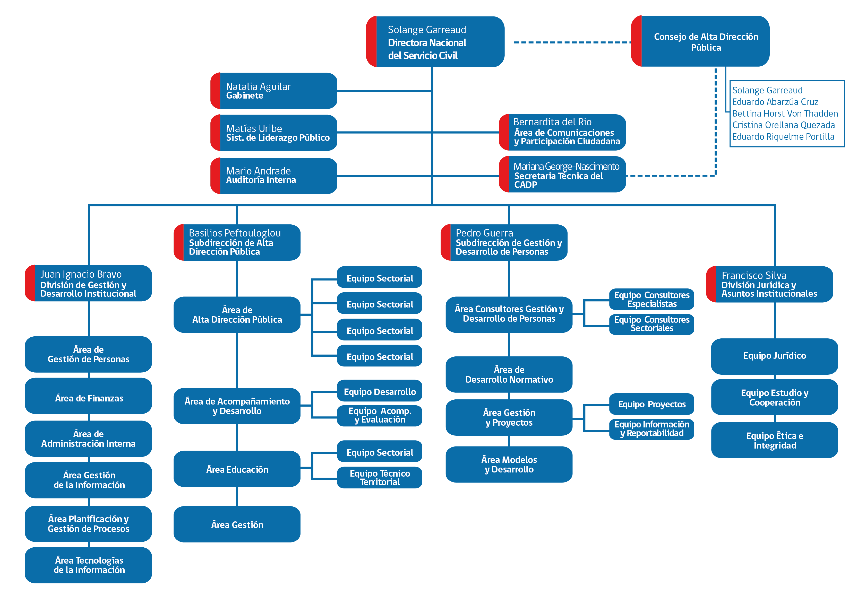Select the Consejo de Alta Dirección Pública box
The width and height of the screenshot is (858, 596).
(700, 41)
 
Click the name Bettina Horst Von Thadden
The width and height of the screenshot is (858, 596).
(785, 113)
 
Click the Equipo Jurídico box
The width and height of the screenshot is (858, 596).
(775, 356)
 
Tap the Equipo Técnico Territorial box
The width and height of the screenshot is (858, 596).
(380, 478)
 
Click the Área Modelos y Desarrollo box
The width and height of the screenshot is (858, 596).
(509, 464)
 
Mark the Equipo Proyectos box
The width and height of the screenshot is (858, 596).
(652, 404)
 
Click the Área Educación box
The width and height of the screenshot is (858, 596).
(237, 469)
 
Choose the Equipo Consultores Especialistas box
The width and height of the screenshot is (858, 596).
(652, 299)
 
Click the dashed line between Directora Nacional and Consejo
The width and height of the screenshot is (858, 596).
(572, 42)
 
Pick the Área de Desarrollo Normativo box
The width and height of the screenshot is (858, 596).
(509, 374)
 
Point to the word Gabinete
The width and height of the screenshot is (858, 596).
(245, 95)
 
